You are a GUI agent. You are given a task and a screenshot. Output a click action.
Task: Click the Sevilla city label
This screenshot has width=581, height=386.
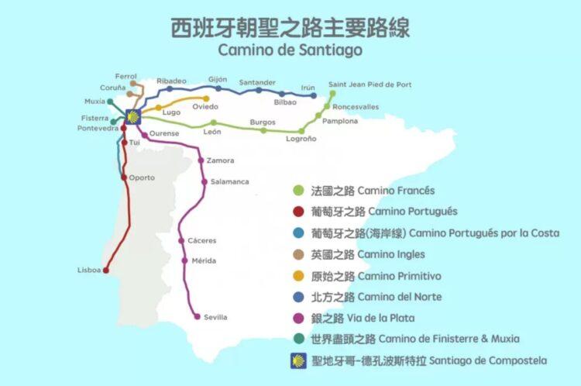pyautogui.click(x=215, y=317)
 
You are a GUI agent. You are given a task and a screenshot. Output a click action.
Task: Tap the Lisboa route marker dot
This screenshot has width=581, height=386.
pyautogui.click(x=106, y=271)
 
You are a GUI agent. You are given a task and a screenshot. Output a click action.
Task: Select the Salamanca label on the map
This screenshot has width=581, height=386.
pyautogui.click(x=230, y=181)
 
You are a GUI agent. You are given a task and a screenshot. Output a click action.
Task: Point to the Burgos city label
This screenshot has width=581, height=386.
pyautogui.click(x=263, y=122)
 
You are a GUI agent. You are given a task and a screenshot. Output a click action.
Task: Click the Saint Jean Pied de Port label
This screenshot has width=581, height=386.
pyautogui.click(x=370, y=84)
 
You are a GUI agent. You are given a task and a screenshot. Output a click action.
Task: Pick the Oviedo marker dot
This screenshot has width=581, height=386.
pyautogui.click(x=206, y=98)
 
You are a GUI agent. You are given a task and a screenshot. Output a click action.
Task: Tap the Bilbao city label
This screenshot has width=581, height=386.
pyautogui.click(x=285, y=102)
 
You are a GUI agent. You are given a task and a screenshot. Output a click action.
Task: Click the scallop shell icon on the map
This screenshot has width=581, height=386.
pyautogui.click(x=132, y=118)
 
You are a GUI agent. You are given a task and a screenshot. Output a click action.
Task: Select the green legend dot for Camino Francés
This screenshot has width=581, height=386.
pyautogui.click(x=298, y=191)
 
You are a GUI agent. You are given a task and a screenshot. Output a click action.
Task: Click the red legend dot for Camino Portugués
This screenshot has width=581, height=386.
pyautogui.click(x=298, y=212)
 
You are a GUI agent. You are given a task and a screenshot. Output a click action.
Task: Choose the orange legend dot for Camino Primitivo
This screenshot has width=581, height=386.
pyautogui.click(x=298, y=276)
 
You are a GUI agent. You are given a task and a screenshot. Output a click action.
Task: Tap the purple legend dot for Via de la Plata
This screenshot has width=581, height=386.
pyautogui.click(x=298, y=318)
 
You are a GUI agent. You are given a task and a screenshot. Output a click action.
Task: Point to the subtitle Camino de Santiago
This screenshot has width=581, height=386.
pyautogui.click(x=290, y=50)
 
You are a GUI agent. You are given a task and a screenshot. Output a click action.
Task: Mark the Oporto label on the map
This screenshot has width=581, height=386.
pyautogui.click(x=142, y=177)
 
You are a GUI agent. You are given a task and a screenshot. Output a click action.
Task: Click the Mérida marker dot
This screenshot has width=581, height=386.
pyautogui.click(x=184, y=260)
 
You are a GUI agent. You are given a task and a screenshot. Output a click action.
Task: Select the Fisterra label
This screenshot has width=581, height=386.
pyautogui.click(x=95, y=118)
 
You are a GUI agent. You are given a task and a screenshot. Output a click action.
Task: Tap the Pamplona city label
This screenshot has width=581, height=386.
pyautogui.click(x=340, y=121)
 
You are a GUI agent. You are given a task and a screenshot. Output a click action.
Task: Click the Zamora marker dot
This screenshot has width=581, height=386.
pyautogui.click(x=201, y=160)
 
